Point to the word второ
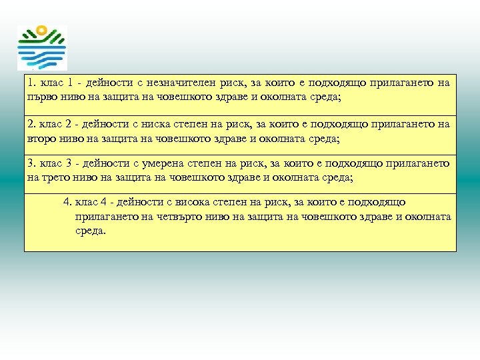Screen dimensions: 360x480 tap(42, 139)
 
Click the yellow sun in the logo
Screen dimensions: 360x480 tap(41, 30)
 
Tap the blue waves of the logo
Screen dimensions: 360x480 tap(41, 54)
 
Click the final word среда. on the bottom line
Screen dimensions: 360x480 tap(91, 231)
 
